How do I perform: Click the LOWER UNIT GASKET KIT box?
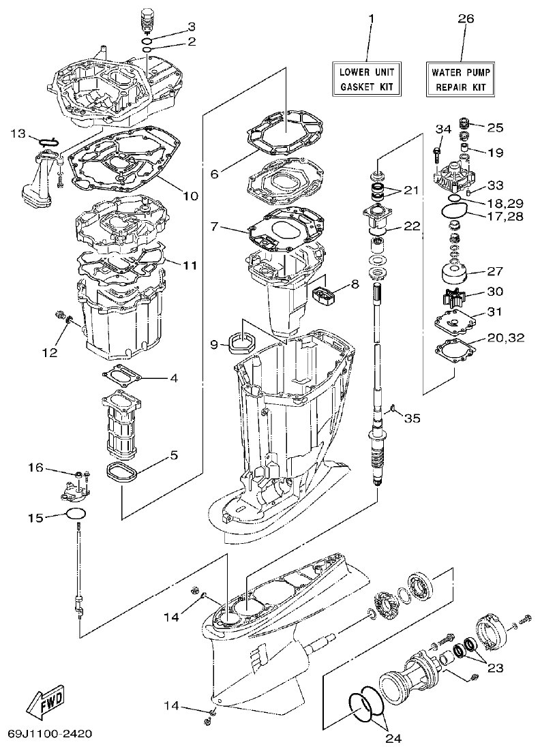tap(367, 78)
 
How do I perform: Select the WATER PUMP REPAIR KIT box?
tap(461, 78)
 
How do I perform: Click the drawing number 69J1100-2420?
tap(50, 735)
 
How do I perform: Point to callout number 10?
tap(190, 196)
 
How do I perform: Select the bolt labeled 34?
tap(438, 144)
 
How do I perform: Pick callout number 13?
tap(18, 132)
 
